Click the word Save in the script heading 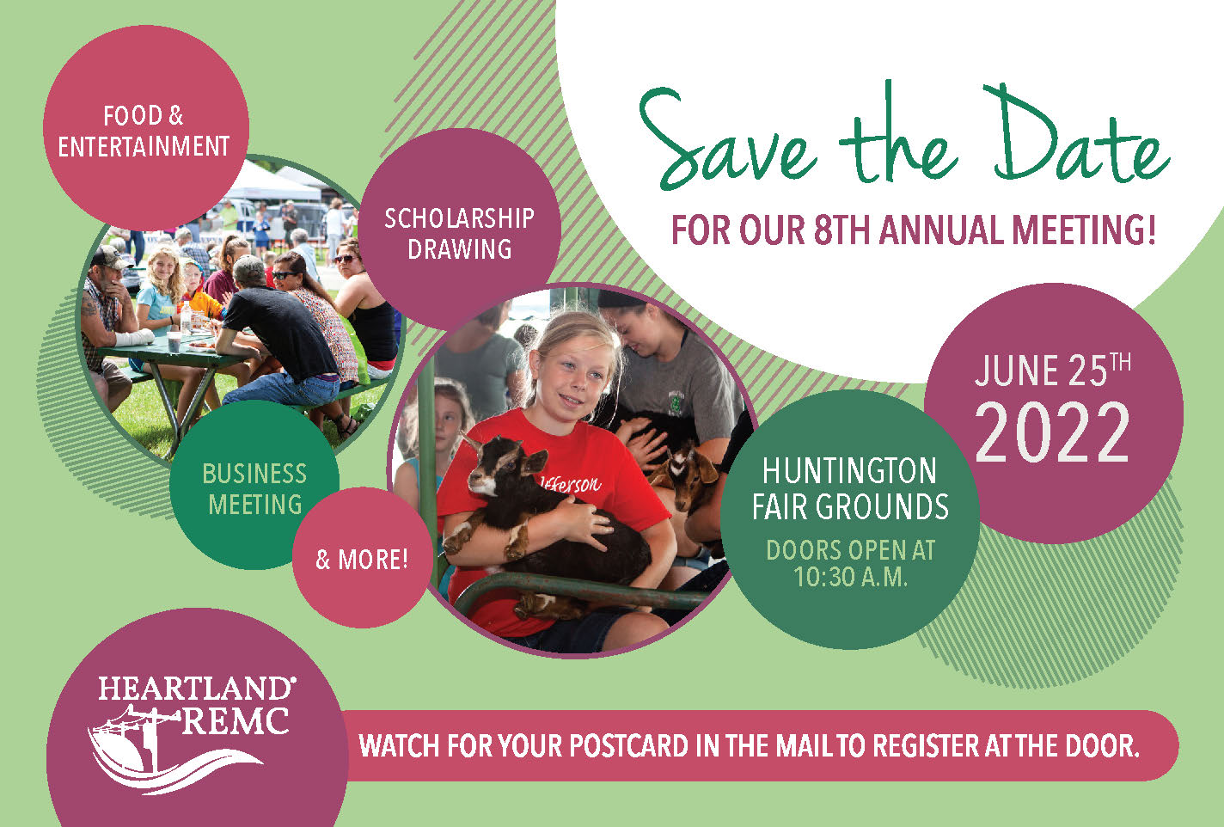click(728, 141)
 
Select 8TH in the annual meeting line click(841, 230)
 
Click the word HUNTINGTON click(850, 471)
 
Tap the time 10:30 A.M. click(850, 577)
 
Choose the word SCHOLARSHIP click(459, 218)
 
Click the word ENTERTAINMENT click(144, 146)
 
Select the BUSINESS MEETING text click(254, 488)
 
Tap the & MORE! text click(362, 559)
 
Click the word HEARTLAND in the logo click(197, 689)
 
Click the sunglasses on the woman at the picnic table click(285, 275)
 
